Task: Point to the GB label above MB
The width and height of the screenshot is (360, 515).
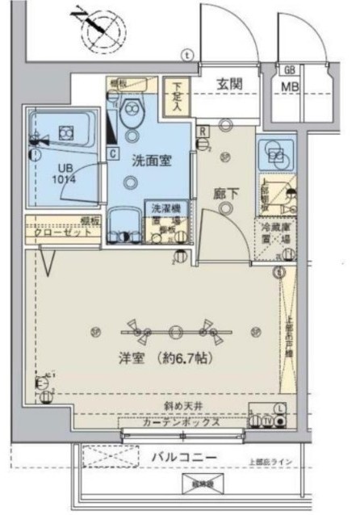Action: tap(288, 69)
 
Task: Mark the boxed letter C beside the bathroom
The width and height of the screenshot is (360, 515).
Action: tap(112, 152)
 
